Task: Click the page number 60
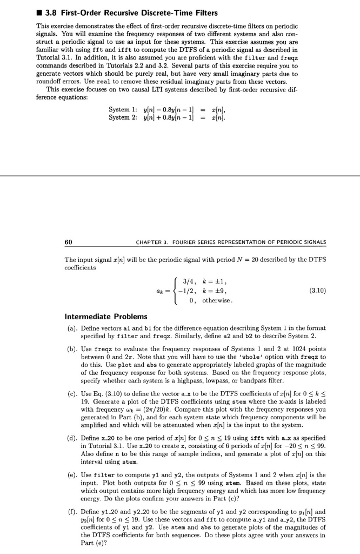point(70,241)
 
